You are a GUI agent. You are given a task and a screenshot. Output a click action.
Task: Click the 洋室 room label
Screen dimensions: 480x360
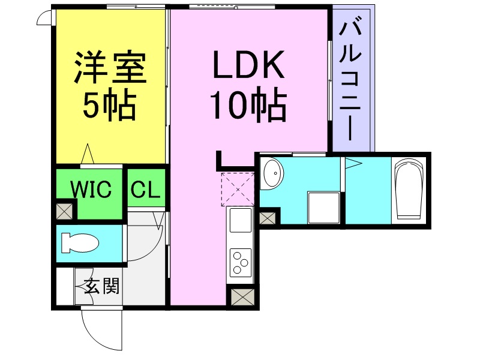click(110, 67)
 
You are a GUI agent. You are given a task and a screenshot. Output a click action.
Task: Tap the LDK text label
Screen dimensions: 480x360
click(248, 65)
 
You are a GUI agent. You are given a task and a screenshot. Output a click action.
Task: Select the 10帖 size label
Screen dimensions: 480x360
click(248, 104)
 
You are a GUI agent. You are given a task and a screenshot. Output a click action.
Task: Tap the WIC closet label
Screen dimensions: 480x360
click(91, 189)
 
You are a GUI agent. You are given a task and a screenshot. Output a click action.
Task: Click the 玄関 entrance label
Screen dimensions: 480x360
click(101, 286)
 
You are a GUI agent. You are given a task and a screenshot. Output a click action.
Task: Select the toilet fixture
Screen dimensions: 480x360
click(80, 244)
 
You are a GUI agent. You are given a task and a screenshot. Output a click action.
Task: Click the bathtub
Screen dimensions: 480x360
click(410, 190)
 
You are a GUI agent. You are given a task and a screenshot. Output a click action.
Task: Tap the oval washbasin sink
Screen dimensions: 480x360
click(274, 173)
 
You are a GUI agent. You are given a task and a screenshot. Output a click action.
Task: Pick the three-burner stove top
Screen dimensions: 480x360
click(241, 262)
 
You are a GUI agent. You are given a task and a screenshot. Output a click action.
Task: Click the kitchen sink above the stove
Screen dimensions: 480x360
click(241, 220)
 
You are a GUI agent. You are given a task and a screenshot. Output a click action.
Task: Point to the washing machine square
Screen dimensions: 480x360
click(324, 208)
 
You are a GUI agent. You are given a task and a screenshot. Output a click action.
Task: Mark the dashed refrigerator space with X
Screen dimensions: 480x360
click(238, 189)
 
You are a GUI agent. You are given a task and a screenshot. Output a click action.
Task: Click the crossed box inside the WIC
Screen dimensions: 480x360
click(65, 211)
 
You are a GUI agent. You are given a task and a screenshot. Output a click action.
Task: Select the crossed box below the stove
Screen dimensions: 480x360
click(243, 296)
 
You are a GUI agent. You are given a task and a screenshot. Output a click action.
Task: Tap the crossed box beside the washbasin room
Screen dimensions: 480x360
click(267, 218)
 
